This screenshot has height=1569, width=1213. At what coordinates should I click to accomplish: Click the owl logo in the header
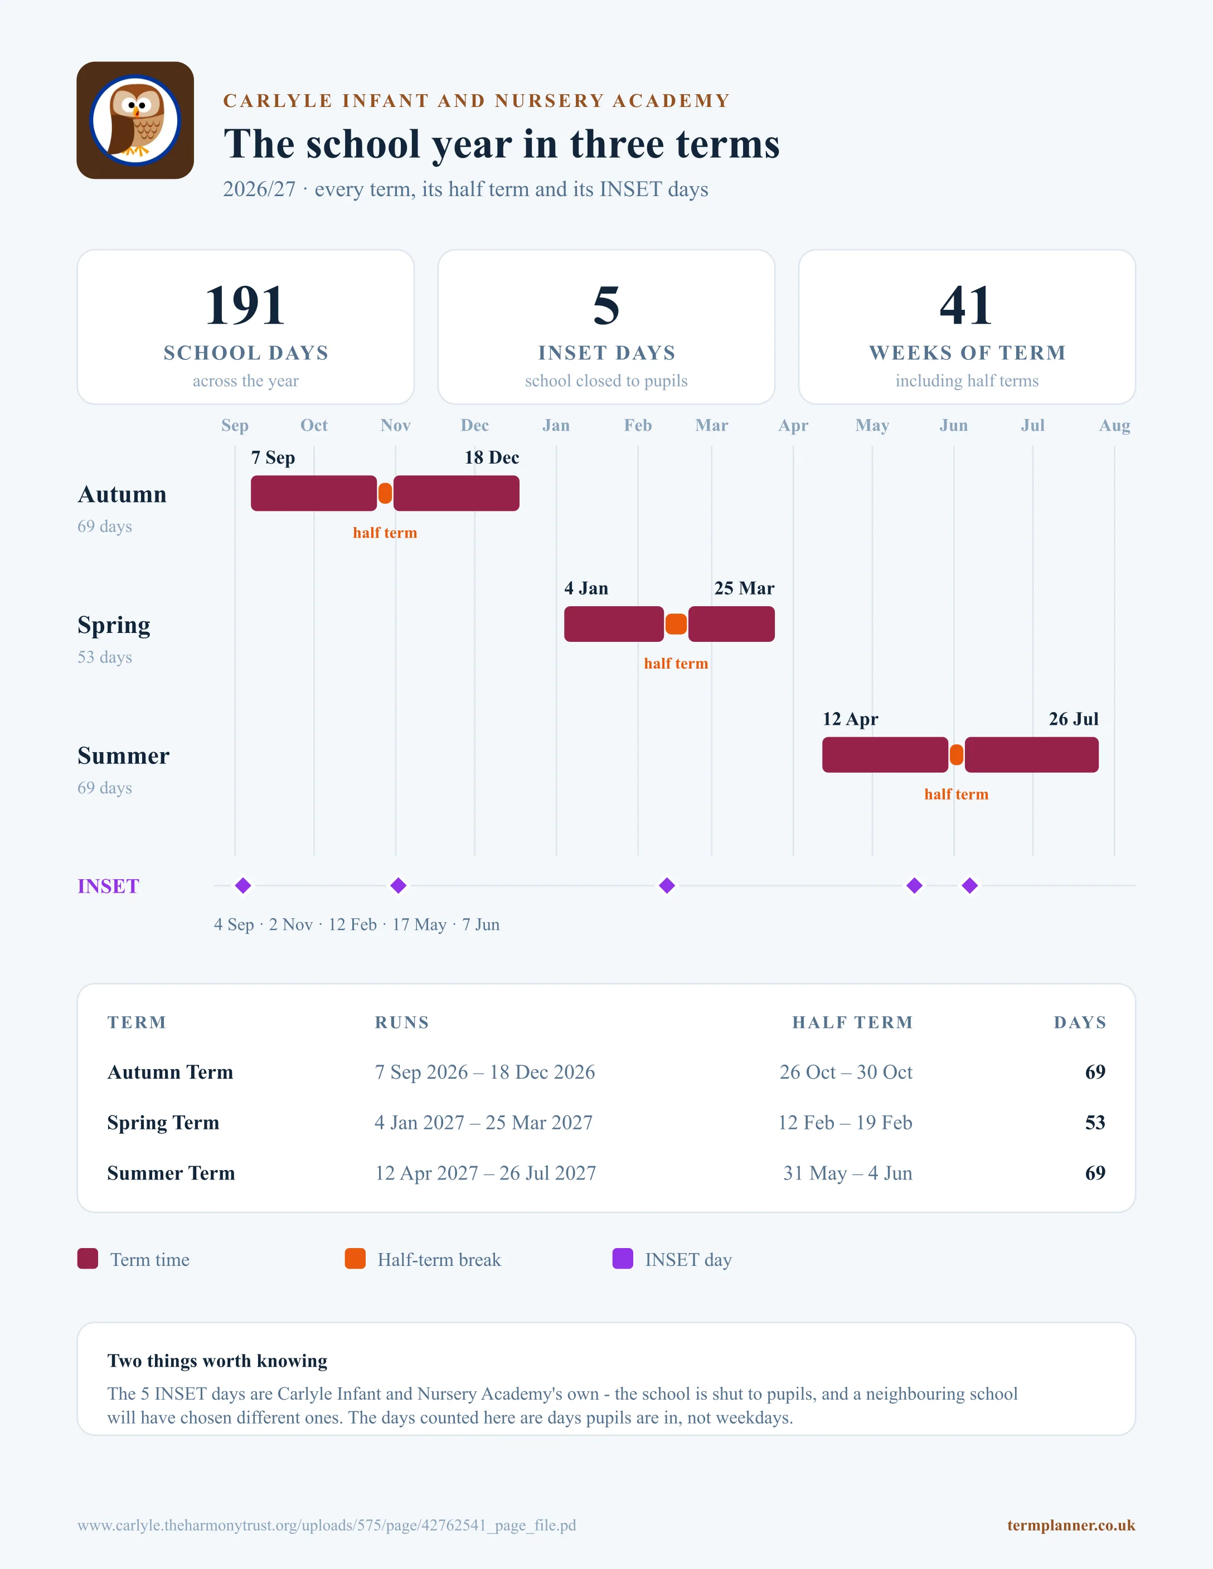[135, 120]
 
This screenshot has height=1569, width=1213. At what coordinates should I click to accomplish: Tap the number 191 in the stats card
[245, 305]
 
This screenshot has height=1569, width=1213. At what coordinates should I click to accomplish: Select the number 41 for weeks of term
[967, 305]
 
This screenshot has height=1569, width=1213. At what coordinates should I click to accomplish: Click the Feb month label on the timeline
[637, 425]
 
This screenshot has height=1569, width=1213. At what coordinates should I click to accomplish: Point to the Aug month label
[1114, 425]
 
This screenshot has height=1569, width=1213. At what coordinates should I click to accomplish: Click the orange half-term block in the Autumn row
[385, 494]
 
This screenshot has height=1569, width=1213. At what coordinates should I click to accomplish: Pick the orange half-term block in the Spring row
[676, 624]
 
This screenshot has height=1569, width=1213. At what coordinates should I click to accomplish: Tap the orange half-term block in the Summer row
[957, 755]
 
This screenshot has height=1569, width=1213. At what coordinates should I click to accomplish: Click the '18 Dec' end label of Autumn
[492, 457]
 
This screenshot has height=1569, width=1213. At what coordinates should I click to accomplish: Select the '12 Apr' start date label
[850, 719]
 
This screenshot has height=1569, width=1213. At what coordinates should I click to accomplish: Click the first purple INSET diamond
[243, 886]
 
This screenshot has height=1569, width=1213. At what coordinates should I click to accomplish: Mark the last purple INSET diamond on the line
[969, 886]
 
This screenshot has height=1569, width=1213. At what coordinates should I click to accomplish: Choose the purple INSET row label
[109, 886]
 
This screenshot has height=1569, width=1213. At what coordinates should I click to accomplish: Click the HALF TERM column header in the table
[852, 1022]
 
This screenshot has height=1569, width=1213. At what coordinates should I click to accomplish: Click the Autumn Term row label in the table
[171, 1072]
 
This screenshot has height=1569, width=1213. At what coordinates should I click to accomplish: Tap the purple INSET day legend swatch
[622, 1259]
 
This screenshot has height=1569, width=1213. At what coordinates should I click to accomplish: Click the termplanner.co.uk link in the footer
[1071, 1525]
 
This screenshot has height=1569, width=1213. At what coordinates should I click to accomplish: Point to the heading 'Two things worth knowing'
[217, 1361]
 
